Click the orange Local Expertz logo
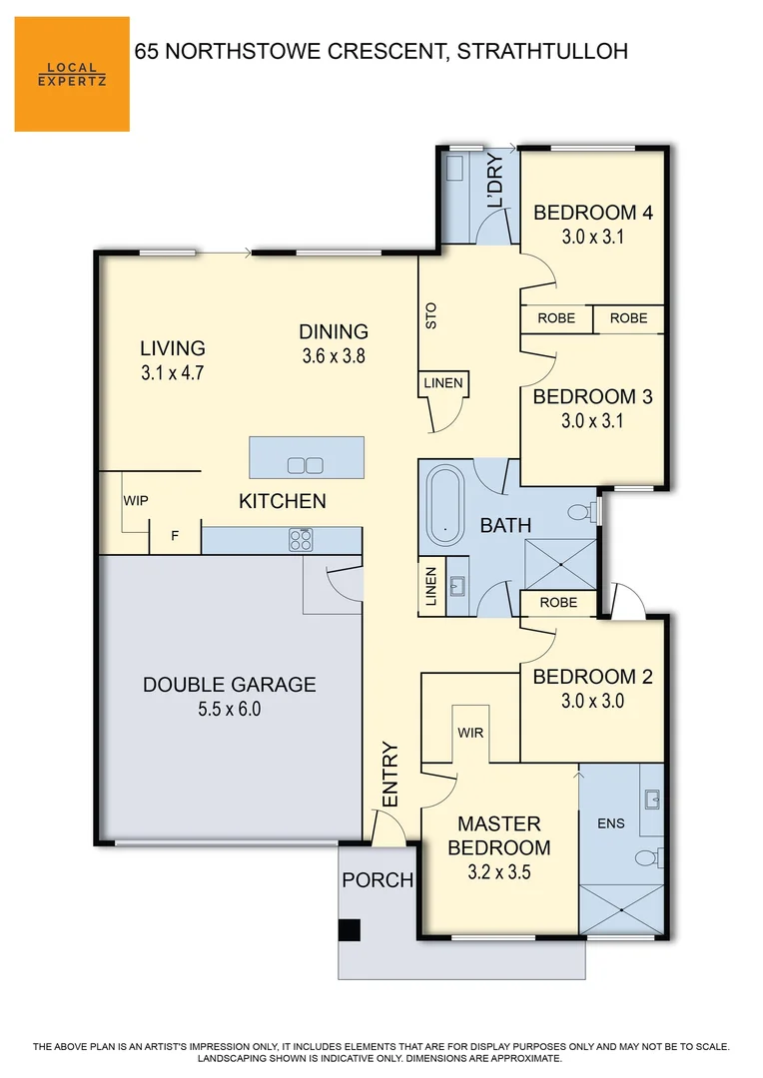pyautogui.click(x=72, y=74)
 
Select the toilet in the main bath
pyautogui.click(x=580, y=513)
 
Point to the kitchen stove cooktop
pyautogui.click(x=302, y=540)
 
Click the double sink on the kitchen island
pyautogui.click(x=305, y=464)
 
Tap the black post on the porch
pyautogui.click(x=349, y=930)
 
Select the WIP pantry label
pyautogui.click(x=136, y=501)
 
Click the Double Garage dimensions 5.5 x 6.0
pyautogui.click(x=229, y=709)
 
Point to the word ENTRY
pyautogui.click(x=390, y=775)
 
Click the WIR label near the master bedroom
pyautogui.click(x=470, y=733)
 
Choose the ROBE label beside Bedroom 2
pyautogui.click(x=557, y=603)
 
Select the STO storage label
pyautogui.click(x=431, y=315)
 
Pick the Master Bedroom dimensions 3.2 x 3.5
pyautogui.click(x=498, y=871)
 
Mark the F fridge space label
pyautogui.click(x=174, y=536)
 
